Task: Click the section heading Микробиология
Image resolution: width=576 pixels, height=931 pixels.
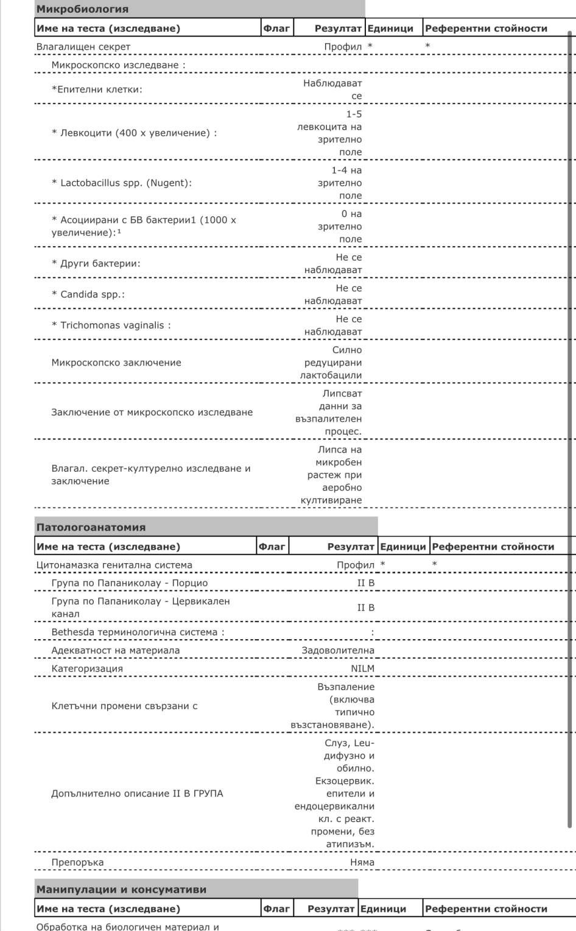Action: pos(82,9)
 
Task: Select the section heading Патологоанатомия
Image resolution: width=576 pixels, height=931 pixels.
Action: pos(91,527)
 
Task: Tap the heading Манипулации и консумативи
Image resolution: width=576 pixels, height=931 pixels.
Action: pos(121,890)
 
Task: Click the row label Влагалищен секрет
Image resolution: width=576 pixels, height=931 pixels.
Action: pos(83,47)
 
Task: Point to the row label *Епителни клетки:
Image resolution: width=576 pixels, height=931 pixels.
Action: pos(97,89)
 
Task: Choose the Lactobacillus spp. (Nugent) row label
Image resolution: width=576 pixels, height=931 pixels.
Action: pos(122,183)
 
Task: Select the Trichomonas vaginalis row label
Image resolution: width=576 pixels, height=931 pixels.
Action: pos(111,325)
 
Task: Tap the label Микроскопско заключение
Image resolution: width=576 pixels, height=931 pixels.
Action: pos(116,362)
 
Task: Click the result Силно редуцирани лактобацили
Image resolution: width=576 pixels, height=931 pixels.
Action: pos(332,362)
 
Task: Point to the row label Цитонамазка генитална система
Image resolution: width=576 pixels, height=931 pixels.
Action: pos(114,565)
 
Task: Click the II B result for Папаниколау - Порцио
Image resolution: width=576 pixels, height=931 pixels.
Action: pos(365,583)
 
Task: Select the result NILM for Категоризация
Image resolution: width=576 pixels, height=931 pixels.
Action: pos(362,668)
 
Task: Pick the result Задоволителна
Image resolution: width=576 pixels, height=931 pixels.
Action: pos(338,650)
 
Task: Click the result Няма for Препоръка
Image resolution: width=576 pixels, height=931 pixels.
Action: pos(362,862)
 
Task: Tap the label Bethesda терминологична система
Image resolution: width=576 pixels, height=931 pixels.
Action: pos(138,632)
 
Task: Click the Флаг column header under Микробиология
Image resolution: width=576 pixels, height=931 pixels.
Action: pos(276,28)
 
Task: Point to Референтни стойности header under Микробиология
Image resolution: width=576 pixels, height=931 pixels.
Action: pos(486,28)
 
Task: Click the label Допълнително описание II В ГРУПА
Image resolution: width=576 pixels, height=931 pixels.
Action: pos(137,794)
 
